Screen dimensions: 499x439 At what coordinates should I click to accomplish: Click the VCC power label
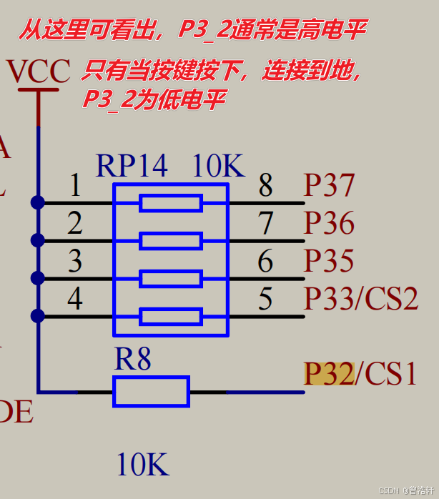click(38, 71)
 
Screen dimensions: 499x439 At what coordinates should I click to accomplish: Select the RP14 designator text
click(132, 166)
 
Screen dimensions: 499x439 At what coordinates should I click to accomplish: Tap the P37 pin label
click(329, 186)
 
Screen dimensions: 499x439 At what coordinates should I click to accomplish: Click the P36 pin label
click(329, 223)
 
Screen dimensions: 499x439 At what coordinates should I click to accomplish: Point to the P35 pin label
click(329, 261)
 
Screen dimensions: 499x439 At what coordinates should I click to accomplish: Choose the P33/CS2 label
click(361, 298)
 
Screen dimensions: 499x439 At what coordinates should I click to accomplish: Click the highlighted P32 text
click(328, 373)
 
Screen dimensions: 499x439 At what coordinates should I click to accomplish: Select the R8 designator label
click(133, 359)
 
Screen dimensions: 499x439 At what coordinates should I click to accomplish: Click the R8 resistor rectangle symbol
click(151, 392)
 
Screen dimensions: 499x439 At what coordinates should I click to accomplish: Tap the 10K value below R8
click(143, 465)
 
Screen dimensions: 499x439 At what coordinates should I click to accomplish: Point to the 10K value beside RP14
click(218, 166)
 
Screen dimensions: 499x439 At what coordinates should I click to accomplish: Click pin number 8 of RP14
click(265, 186)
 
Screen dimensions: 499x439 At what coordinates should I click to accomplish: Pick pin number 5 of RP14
click(265, 298)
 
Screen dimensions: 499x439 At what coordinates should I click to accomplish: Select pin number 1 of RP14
click(75, 186)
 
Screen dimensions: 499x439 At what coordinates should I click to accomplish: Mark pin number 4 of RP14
click(75, 298)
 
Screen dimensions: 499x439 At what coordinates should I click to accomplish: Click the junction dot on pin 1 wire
click(38, 203)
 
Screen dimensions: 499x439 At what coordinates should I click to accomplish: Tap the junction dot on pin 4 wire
click(38, 316)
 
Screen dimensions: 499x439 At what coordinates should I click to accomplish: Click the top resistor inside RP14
click(171, 203)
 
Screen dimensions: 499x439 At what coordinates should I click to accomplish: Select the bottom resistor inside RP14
click(171, 316)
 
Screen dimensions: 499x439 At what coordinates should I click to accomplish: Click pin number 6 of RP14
click(265, 261)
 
